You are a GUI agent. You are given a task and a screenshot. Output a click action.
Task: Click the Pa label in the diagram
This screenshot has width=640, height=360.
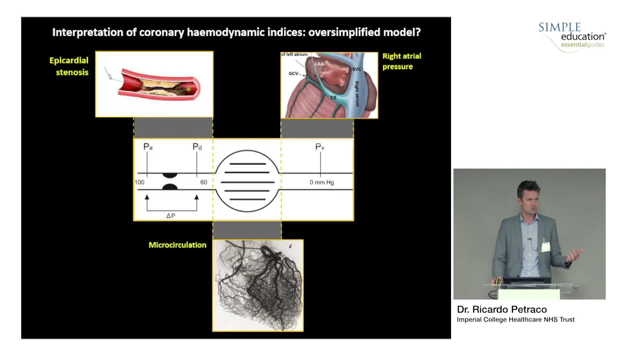coord(148,147)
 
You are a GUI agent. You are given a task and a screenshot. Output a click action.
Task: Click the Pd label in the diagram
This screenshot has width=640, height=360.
coord(197,147)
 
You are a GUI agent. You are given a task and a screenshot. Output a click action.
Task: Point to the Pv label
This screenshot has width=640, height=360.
coord(320,147)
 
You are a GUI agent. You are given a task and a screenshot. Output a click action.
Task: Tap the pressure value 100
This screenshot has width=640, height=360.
coord(139,182)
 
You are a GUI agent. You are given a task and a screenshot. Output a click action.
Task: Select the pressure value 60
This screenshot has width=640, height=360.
coord(203,182)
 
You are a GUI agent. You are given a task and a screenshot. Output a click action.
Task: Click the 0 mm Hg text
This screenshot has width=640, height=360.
coord(322,182)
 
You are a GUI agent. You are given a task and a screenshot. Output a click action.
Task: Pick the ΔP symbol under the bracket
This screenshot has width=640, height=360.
coord(171,216)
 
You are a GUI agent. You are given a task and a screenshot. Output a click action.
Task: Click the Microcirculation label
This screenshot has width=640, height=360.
coord(177,245)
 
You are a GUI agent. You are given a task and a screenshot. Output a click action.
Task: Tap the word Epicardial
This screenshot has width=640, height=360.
coord(69,60)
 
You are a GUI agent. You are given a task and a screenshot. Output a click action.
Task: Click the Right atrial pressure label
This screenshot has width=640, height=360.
coord(402,61)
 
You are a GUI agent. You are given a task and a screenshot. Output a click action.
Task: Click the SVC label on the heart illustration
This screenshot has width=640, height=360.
coord(356,69)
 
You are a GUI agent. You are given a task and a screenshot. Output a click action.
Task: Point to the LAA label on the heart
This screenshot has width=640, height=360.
coord(319,64)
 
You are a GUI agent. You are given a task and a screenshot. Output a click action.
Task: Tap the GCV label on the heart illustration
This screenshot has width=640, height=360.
coord(293,73)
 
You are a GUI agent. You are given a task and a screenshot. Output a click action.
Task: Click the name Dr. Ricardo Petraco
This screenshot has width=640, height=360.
coord(502,309)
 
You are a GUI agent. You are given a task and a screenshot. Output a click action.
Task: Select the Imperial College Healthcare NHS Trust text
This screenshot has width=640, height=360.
coord(515,320)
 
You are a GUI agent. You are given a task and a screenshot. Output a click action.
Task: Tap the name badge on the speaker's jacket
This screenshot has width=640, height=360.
coord(545,247)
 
